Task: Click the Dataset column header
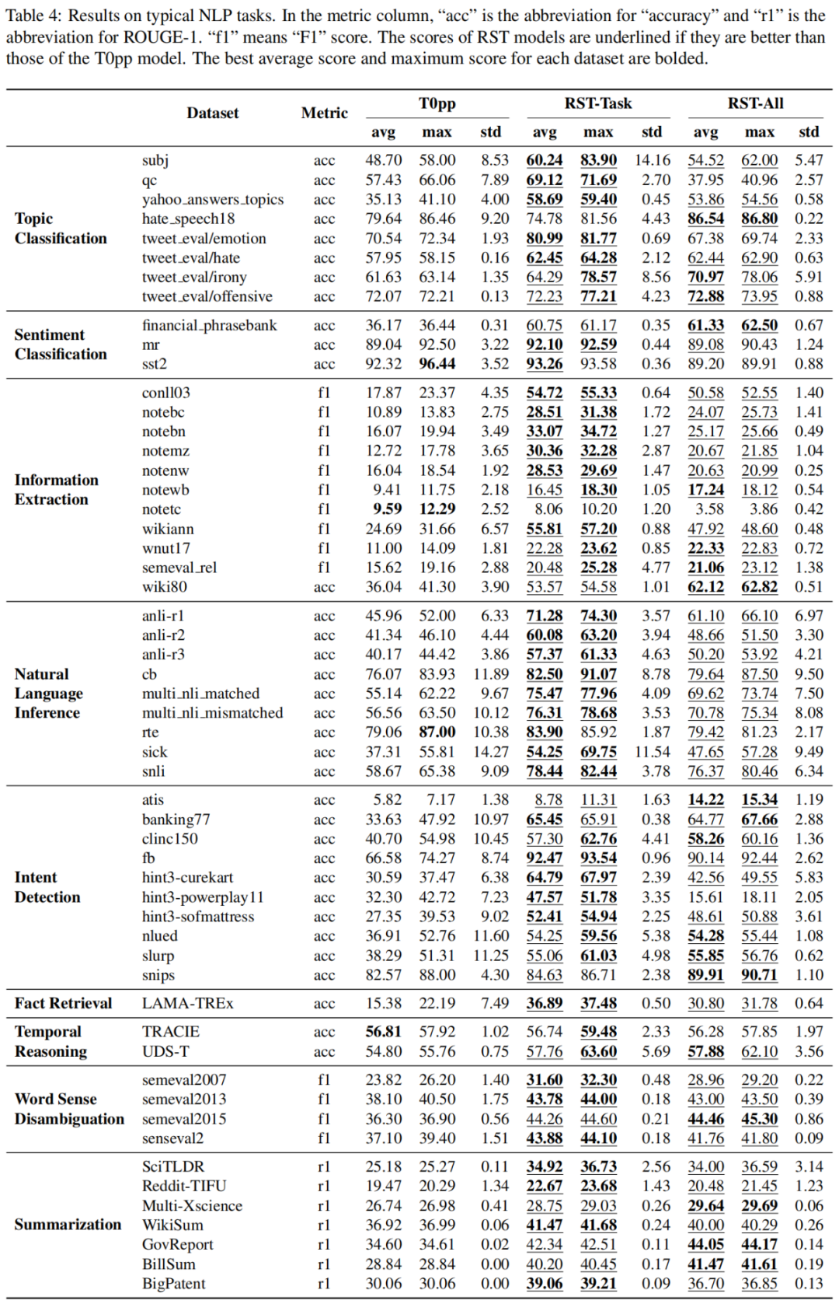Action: [x=212, y=114]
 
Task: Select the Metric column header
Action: [x=324, y=114]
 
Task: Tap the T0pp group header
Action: [x=437, y=103]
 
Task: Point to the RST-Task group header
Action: [x=597, y=103]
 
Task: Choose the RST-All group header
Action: [x=755, y=103]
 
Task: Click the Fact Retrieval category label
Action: [x=63, y=1003]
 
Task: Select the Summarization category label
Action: [x=68, y=1225]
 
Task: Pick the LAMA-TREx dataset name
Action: [x=187, y=1003]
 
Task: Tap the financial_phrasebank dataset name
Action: [x=209, y=325]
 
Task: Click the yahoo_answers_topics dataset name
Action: [x=213, y=200]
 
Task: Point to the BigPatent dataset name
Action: [x=173, y=1284]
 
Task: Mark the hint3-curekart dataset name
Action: [x=187, y=878]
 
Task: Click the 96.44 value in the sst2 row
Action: [x=437, y=364]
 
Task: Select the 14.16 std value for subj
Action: [x=652, y=160]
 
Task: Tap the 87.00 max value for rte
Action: [x=437, y=732]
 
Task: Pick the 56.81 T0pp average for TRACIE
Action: [x=383, y=1032]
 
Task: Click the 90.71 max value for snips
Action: [x=759, y=975]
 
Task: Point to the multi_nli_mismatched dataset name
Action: [x=212, y=713]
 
